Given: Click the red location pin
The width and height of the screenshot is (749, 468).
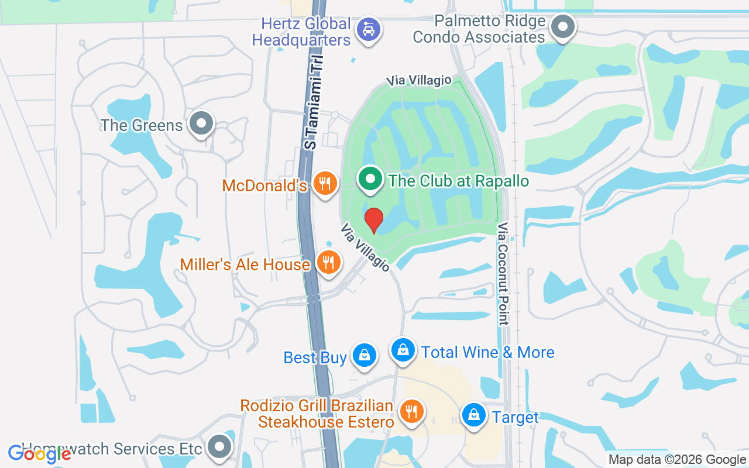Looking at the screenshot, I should [x=373, y=221].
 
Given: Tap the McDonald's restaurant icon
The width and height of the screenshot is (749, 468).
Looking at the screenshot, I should [x=324, y=184].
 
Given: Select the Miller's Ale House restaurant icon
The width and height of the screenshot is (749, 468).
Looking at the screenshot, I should [x=328, y=262].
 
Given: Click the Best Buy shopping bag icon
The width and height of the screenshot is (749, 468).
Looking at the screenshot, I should [x=365, y=355].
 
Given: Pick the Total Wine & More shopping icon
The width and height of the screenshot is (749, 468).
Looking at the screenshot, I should [x=403, y=350].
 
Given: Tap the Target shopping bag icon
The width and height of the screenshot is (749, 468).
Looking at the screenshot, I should [x=473, y=415].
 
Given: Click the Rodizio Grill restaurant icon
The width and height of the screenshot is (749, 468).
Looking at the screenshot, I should [x=412, y=411].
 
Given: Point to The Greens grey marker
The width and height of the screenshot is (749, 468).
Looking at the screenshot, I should [x=202, y=123].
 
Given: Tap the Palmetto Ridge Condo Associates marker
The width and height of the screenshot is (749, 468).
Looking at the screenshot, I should [x=563, y=26].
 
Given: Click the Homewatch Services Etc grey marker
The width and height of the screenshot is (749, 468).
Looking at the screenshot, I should [x=219, y=447].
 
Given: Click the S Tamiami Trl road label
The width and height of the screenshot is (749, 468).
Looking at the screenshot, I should [x=314, y=104].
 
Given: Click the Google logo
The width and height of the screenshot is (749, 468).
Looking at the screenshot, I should [x=39, y=453].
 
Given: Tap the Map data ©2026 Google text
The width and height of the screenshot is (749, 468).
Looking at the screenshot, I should [x=677, y=460].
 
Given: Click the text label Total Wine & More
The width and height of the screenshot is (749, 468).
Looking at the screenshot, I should [x=487, y=352].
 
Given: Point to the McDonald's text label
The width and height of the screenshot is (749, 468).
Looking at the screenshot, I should [x=264, y=185].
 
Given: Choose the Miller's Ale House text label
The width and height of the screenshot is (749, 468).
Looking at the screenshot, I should [x=245, y=264].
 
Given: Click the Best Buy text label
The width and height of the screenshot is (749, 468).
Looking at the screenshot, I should [x=315, y=357].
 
